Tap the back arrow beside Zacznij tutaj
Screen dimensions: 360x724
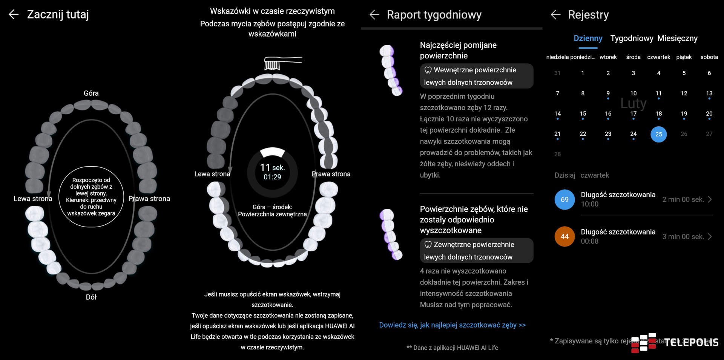(14, 15)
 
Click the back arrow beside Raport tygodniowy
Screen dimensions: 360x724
(374, 15)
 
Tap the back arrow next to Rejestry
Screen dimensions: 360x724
(555, 15)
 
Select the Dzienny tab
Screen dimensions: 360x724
(588, 38)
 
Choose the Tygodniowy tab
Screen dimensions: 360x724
(632, 38)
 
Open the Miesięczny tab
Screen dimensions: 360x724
(677, 38)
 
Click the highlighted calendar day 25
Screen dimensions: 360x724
(658, 134)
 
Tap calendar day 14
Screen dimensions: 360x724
(557, 114)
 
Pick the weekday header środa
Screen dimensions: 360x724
(633, 57)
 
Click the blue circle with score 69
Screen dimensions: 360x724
(564, 199)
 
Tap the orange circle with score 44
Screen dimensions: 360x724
(564, 236)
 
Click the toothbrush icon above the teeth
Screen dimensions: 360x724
(283, 63)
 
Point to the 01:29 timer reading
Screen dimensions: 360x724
(272, 177)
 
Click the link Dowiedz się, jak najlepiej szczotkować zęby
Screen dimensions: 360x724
(452, 325)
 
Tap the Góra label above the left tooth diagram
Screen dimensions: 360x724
(91, 93)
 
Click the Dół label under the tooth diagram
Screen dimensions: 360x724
(91, 297)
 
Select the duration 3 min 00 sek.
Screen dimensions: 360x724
(683, 237)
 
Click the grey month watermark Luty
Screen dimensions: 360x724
(633, 103)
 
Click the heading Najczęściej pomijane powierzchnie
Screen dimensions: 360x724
(458, 50)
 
